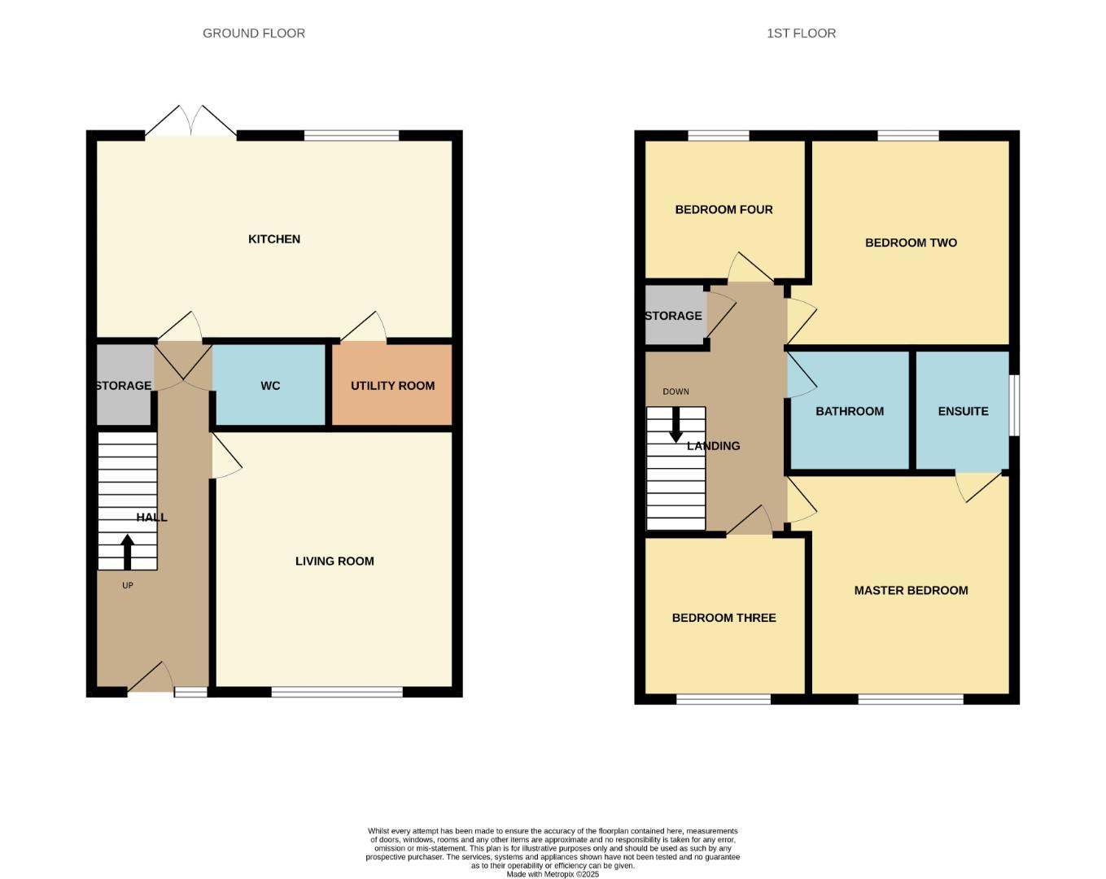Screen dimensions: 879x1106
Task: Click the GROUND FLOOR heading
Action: click(x=254, y=33)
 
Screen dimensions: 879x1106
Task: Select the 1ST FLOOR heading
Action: click(x=801, y=33)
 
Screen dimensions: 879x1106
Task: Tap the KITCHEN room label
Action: click(x=274, y=238)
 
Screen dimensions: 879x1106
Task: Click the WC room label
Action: click(x=270, y=386)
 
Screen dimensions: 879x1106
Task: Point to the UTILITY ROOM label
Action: click(x=392, y=386)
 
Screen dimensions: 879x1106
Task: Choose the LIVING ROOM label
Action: click(x=334, y=561)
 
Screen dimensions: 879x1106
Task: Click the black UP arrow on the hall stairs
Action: click(x=128, y=551)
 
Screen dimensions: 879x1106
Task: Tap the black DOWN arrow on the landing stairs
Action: click(x=675, y=424)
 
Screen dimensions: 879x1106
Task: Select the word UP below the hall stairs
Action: click(x=128, y=585)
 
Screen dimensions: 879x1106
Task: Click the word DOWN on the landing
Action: click(x=675, y=391)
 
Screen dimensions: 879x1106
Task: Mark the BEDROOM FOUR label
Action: click(x=723, y=209)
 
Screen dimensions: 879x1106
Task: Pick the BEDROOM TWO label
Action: click(x=911, y=243)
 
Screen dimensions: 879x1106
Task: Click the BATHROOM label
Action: click(x=850, y=411)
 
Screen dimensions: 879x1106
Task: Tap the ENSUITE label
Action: click(x=963, y=411)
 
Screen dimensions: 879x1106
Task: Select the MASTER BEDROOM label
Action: click(x=911, y=590)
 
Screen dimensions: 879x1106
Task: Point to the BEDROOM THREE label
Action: click(x=723, y=618)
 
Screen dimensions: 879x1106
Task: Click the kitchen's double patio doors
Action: click(x=191, y=122)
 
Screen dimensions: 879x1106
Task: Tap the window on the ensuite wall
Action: click(x=1014, y=405)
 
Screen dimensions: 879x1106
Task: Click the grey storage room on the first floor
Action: click(x=675, y=316)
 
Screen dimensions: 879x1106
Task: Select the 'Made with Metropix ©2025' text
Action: click(x=553, y=874)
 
